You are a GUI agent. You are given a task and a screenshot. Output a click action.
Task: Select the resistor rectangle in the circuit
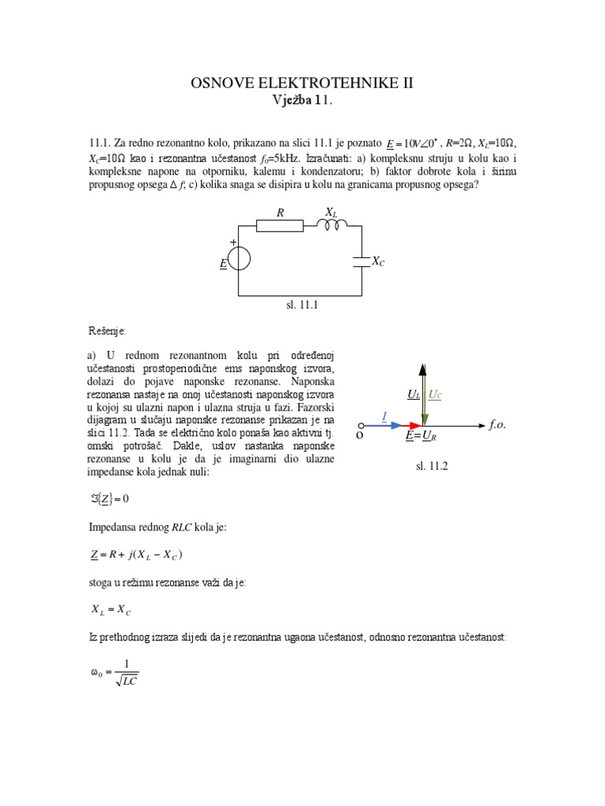click(x=280, y=226)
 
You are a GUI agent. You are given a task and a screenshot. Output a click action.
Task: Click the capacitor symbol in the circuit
click(x=362, y=261)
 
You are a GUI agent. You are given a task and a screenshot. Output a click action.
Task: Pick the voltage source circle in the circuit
click(x=239, y=258)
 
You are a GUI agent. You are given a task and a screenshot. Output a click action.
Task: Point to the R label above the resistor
click(x=280, y=213)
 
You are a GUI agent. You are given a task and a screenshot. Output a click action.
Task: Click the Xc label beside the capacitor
click(x=378, y=261)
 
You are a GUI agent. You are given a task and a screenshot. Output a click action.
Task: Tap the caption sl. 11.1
click(x=301, y=303)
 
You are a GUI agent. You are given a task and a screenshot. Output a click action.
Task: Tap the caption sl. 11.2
click(x=432, y=467)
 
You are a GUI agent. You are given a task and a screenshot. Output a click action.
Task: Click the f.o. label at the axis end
click(x=497, y=424)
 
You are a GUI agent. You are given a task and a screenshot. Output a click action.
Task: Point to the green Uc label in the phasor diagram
click(x=434, y=394)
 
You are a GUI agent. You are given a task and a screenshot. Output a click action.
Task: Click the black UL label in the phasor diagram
click(x=414, y=394)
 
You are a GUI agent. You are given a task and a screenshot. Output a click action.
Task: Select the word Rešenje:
click(x=106, y=331)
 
